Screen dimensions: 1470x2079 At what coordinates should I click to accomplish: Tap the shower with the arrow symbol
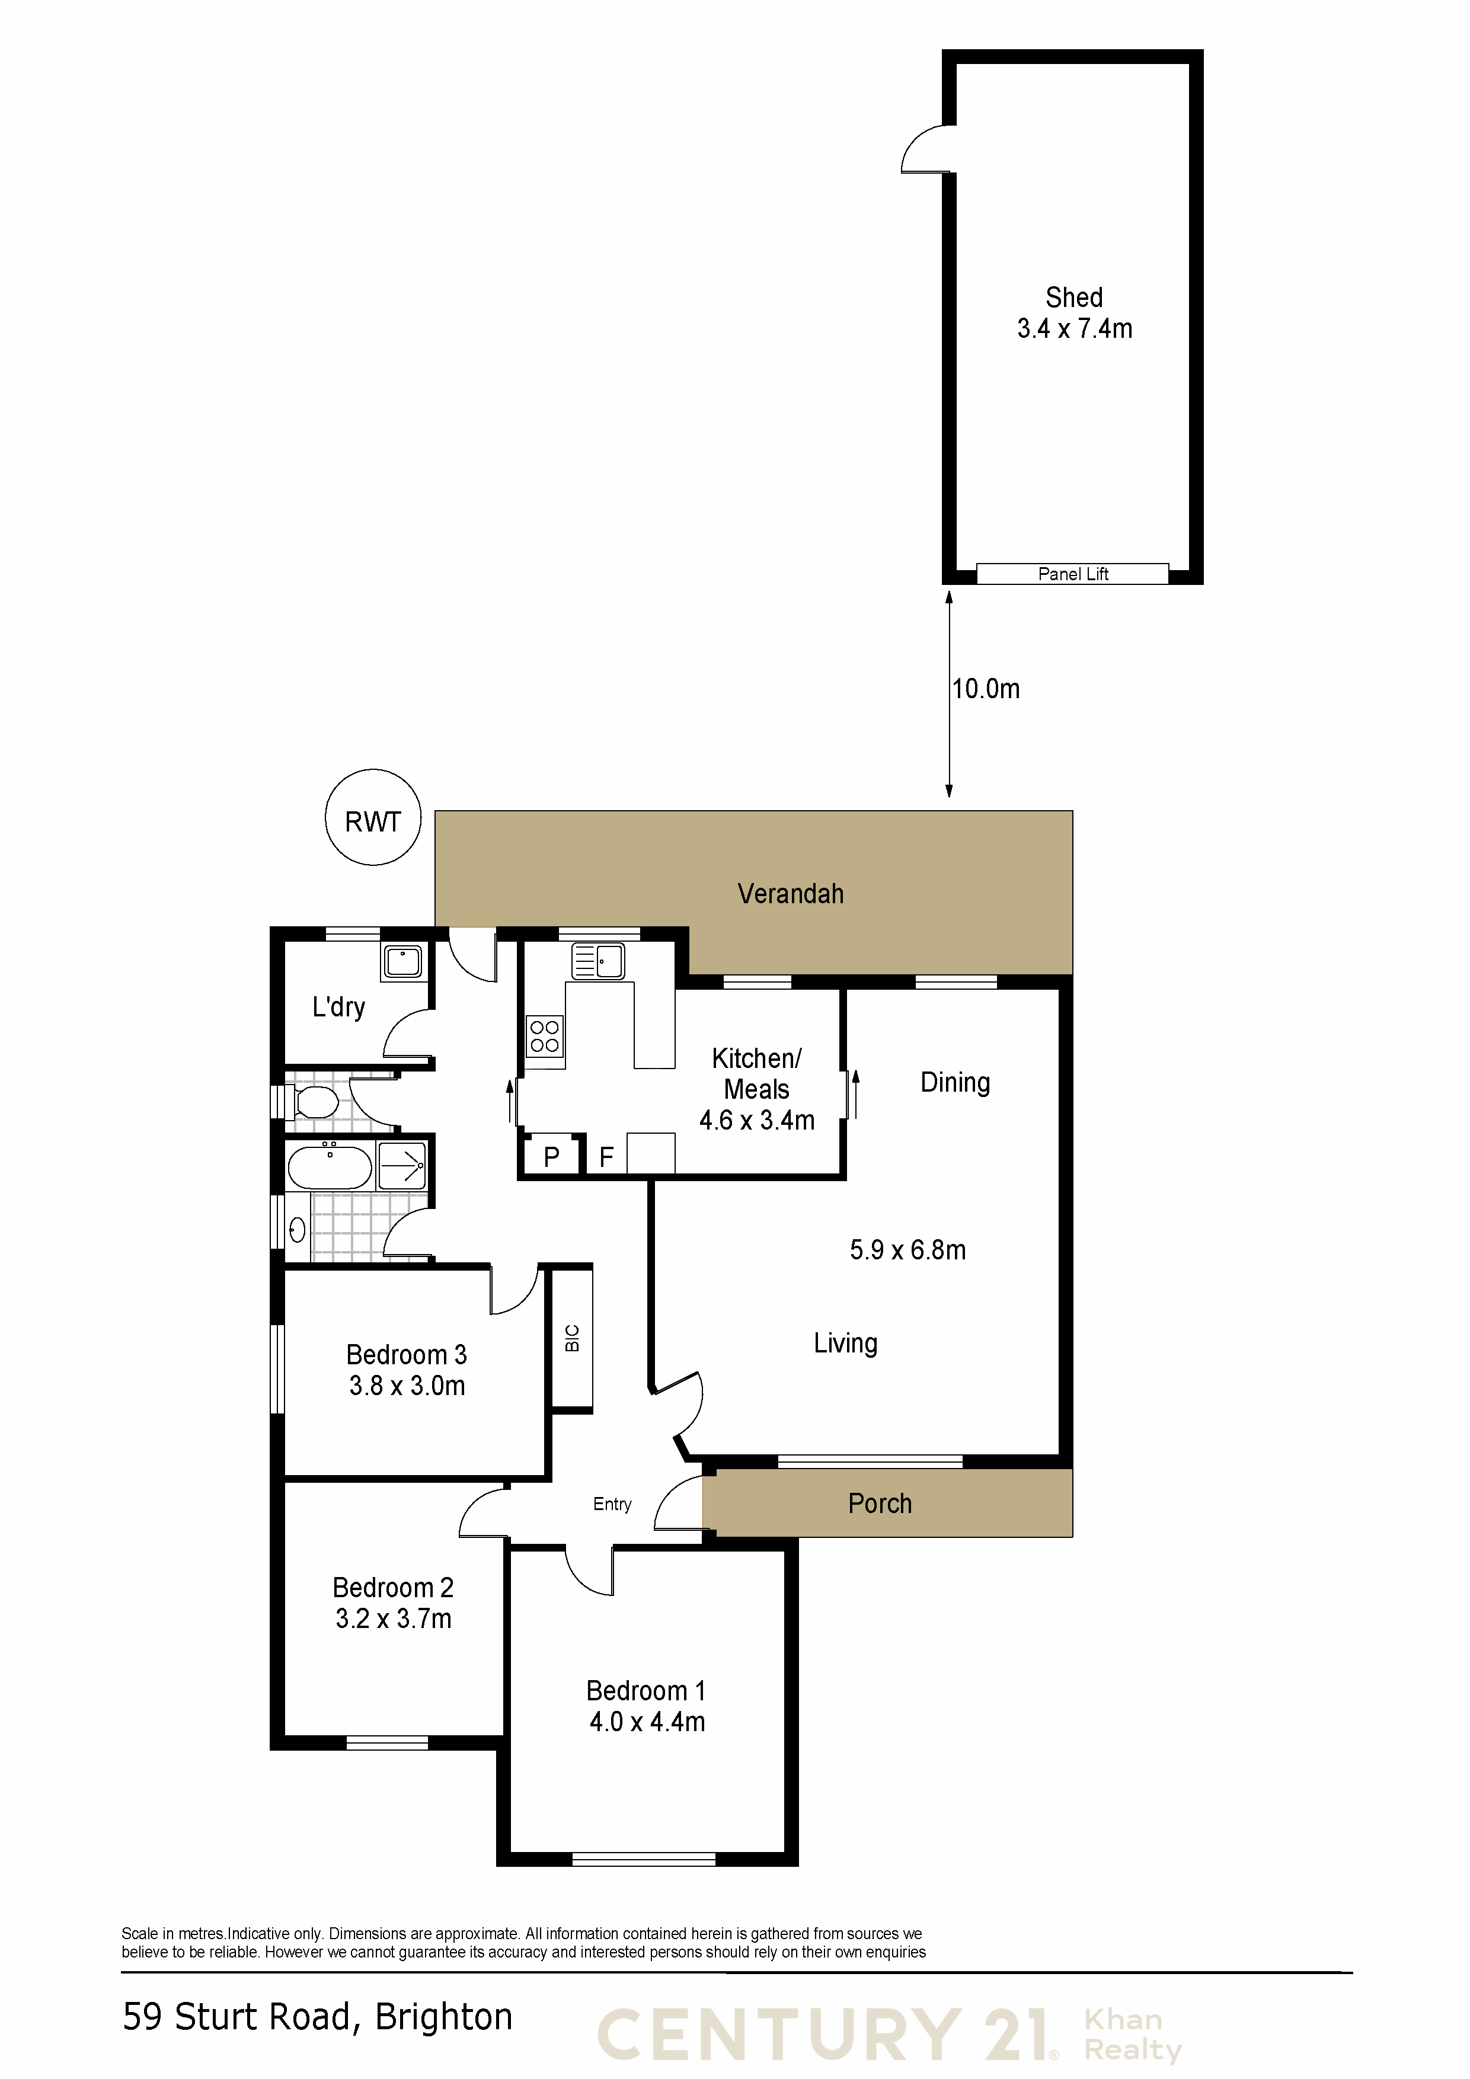(402, 1165)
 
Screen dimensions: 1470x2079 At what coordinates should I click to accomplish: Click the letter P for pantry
(552, 1156)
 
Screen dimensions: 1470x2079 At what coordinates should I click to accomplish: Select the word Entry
(612, 1504)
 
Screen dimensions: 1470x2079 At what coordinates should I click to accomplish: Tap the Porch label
(880, 1503)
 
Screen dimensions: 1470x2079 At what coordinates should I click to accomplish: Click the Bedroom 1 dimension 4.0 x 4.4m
(647, 1721)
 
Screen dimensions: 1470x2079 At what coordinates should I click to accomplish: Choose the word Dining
(955, 1083)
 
